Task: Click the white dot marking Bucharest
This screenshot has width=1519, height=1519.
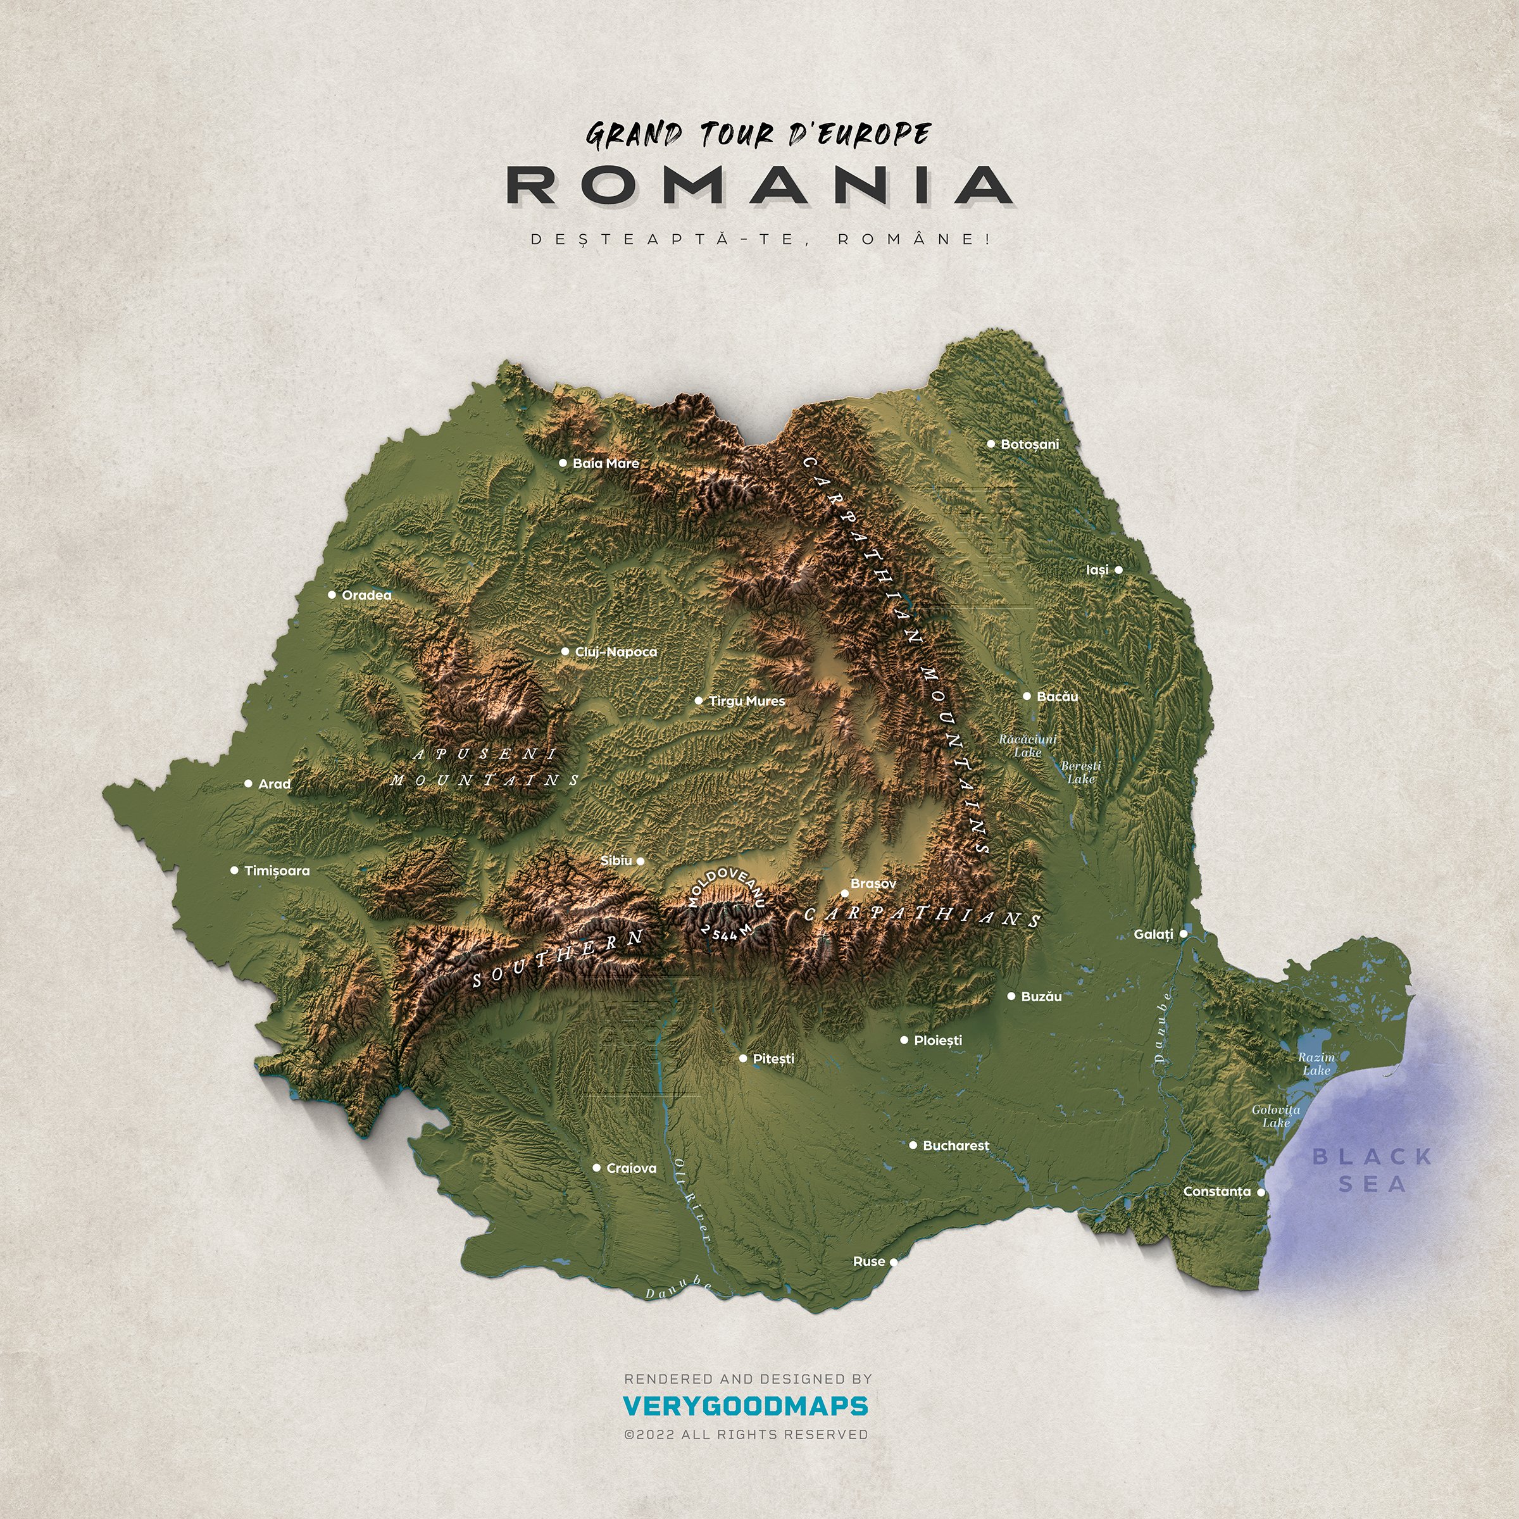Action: pyautogui.click(x=913, y=1146)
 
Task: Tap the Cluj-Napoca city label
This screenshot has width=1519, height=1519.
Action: pyautogui.click(x=616, y=652)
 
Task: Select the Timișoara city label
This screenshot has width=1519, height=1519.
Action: pyautogui.click(x=277, y=870)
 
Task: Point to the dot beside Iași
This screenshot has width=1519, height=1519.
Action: pyautogui.click(x=1118, y=570)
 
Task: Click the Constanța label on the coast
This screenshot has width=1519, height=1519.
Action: pyautogui.click(x=1216, y=1191)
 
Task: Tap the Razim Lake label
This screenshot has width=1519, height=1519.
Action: pyautogui.click(x=1316, y=1064)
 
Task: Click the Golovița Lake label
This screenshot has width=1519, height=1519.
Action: pyautogui.click(x=1276, y=1116)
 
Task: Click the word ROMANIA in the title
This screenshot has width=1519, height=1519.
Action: pyautogui.click(x=759, y=185)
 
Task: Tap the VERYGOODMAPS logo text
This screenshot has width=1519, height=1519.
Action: pyautogui.click(x=746, y=1406)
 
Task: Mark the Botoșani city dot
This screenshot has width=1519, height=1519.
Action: pyautogui.click(x=991, y=444)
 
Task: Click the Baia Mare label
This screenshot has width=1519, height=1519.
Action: pyautogui.click(x=606, y=463)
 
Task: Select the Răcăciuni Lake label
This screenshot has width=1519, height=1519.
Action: pyautogui.click(x=1028, y=746)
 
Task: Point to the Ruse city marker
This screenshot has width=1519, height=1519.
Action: pyautogui.click(x=893, y=1262)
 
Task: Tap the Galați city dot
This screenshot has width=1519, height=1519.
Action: pyautogui.click(x=1184, y=934)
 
